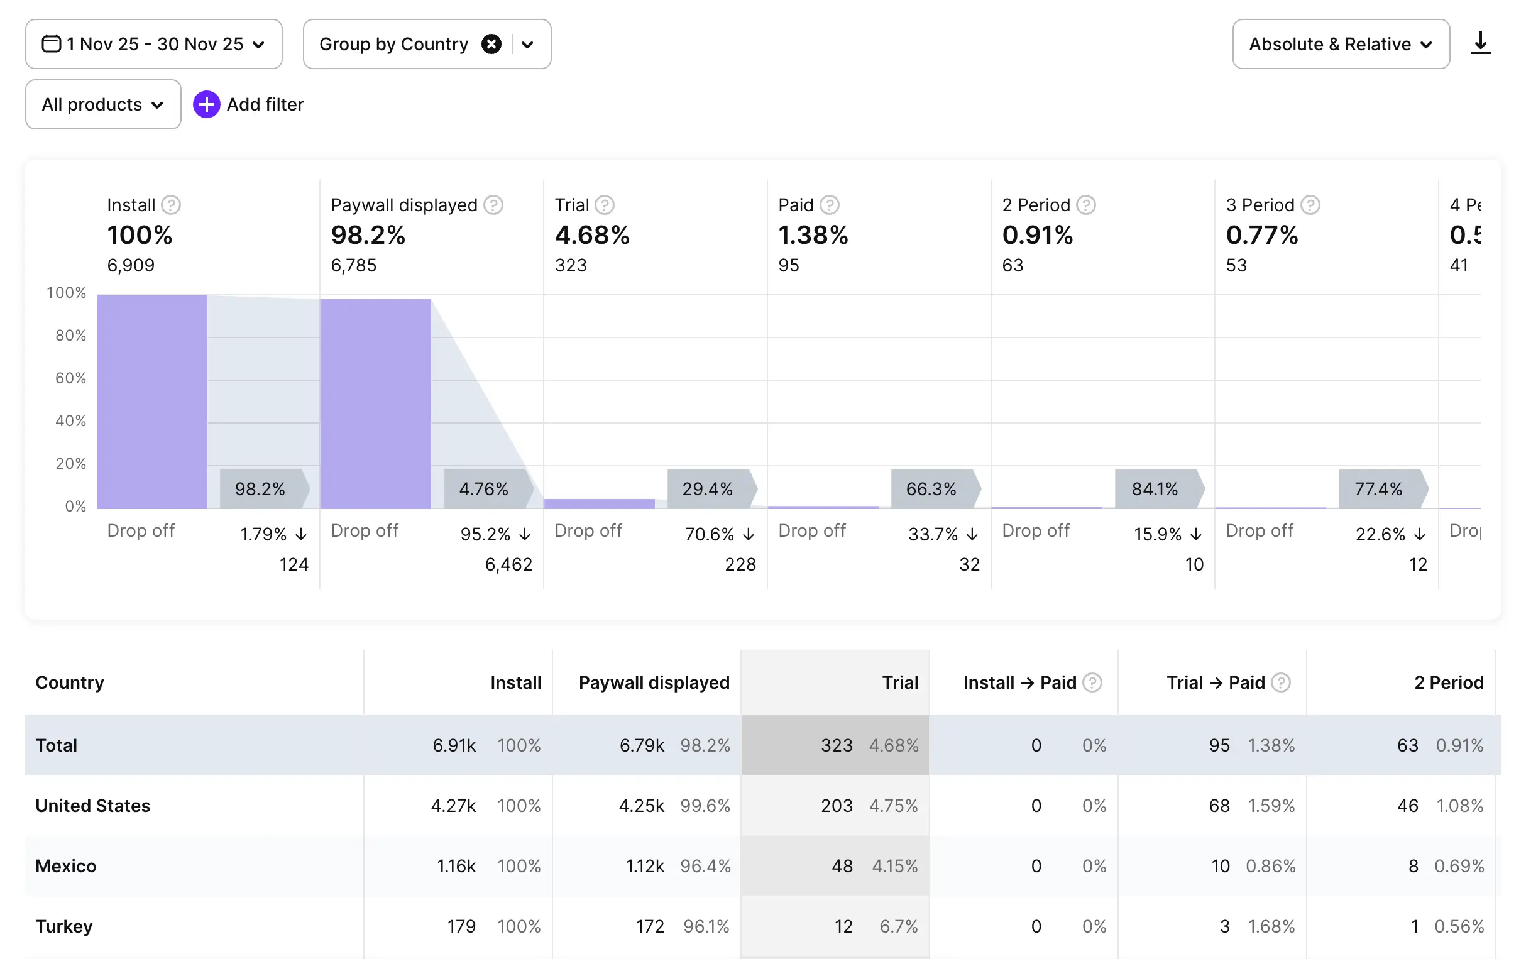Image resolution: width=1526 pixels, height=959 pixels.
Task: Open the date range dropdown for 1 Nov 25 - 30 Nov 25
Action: [153, 44]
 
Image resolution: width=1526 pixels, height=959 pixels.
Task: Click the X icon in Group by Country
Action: [491, 44]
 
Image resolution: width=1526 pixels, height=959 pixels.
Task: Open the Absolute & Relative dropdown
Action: [1341, 44]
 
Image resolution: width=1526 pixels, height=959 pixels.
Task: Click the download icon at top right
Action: [1479, 43]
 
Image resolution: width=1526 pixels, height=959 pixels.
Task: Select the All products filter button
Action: [102, 104]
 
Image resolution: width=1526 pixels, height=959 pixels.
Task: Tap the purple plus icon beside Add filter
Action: [207, 104]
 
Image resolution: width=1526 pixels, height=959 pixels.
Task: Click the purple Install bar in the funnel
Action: [152, 402]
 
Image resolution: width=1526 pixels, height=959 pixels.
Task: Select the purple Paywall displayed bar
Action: [375, 403]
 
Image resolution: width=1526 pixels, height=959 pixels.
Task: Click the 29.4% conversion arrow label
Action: [708, 489]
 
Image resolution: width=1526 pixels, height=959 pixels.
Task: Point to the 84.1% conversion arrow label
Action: [1155, 489]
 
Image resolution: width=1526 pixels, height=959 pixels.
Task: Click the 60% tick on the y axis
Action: [70, 378]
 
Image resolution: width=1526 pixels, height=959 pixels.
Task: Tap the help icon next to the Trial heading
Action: [605, 205]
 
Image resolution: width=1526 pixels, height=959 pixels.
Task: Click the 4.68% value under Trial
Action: [592, 235]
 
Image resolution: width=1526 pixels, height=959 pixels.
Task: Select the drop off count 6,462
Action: [508, 564]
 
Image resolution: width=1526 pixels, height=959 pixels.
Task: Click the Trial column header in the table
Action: [900, 682]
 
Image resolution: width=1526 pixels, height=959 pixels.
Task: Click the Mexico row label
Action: [66, 866]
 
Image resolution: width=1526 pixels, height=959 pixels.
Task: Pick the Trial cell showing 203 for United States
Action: [837, 806]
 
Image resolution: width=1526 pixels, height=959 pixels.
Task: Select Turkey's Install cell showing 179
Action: [461, 927]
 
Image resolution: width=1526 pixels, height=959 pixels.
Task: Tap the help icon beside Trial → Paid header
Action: [1281, 682]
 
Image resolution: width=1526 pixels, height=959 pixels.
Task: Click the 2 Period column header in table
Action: [1449, 682]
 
